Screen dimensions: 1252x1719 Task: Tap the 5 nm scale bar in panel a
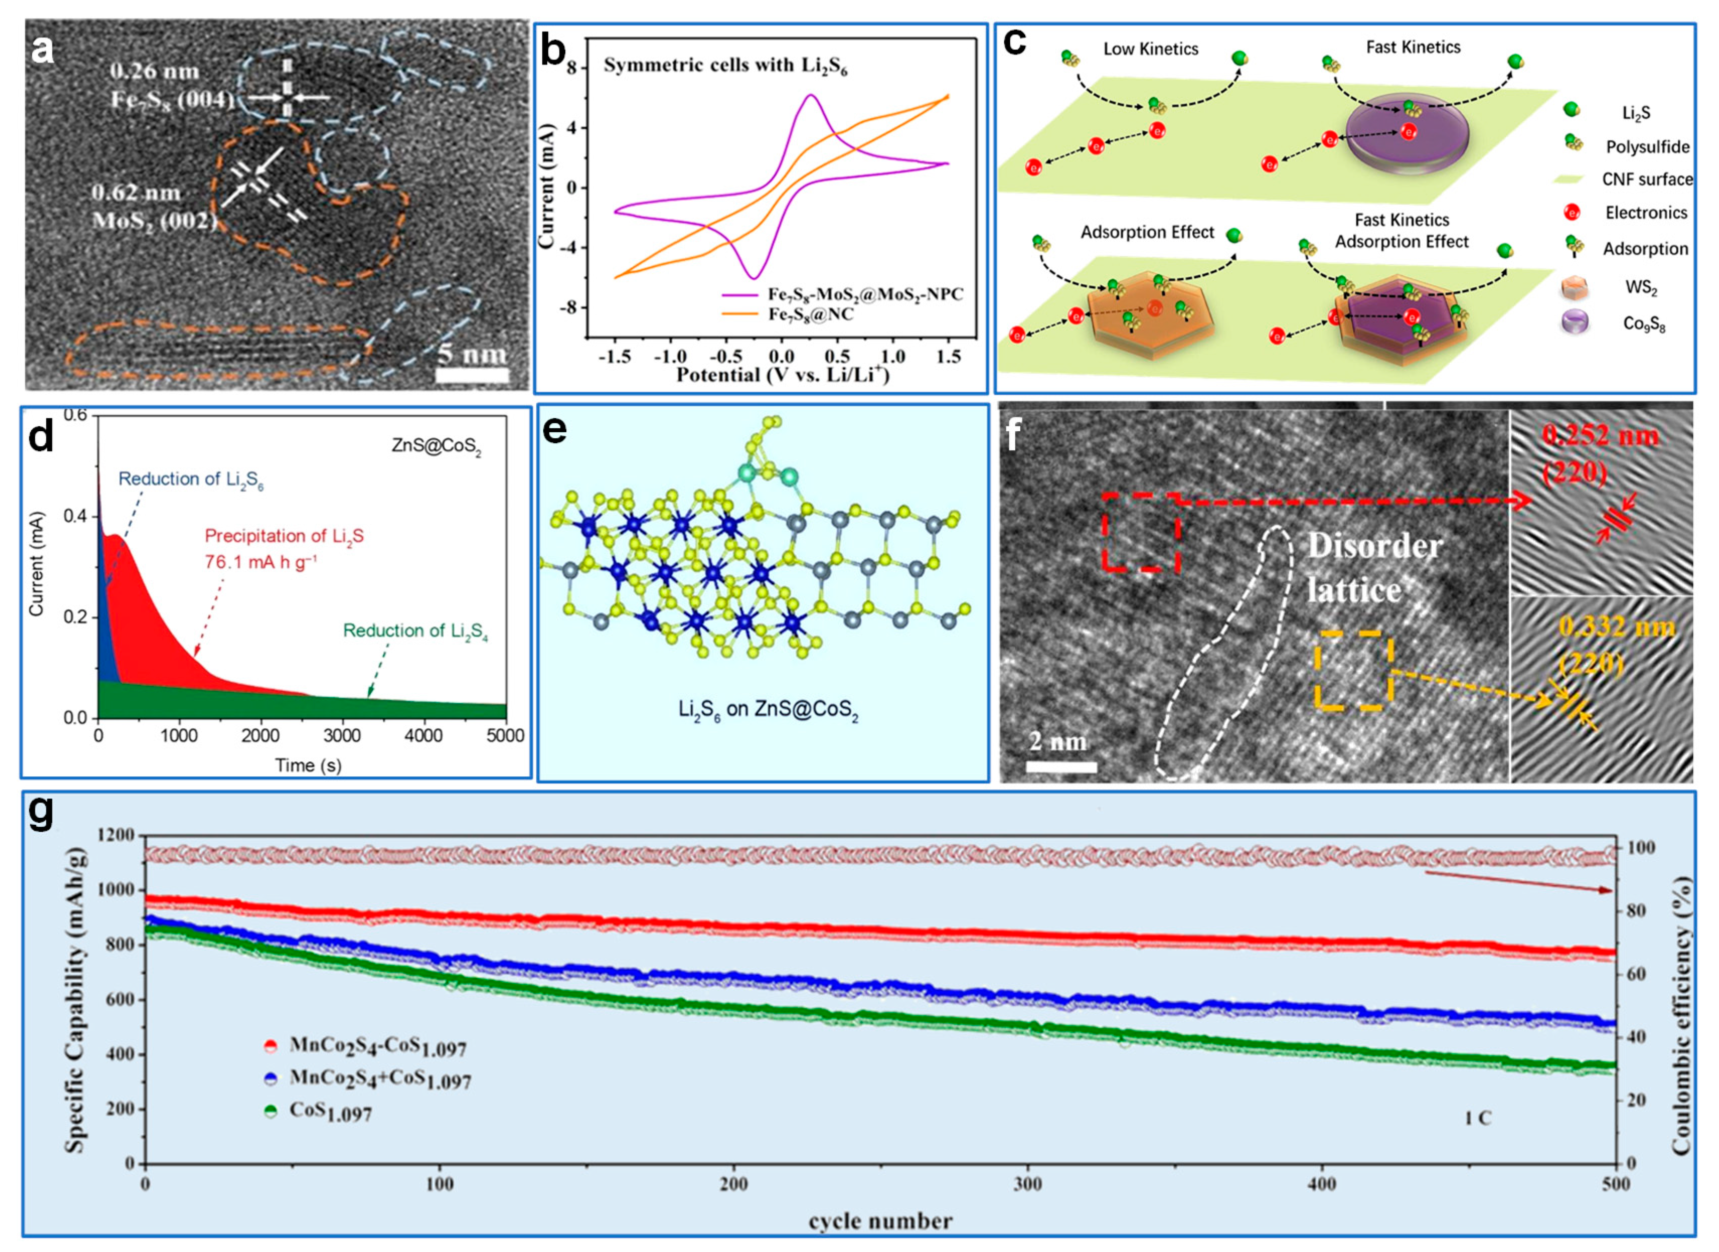(473, 374)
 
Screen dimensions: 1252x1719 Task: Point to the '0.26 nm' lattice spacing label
(154, 72)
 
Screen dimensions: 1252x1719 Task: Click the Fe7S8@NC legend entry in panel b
(809, 314)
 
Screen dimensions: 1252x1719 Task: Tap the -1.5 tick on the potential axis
(615, 356)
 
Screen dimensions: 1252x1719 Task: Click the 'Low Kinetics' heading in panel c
(1150, 49)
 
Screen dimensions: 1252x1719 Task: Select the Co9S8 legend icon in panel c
(1580, 323)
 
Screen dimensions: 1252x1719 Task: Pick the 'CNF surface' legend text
(1646, 180)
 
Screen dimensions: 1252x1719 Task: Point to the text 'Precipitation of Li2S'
(284, 536)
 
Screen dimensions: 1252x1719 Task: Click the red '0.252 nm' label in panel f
(1600, 436)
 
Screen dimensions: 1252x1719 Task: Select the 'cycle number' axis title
(879, 1221)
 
